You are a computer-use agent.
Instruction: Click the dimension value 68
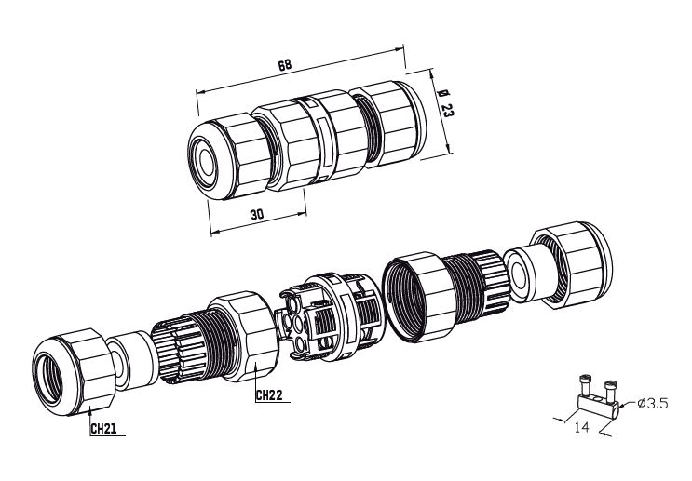285,65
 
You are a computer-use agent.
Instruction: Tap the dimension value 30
257,215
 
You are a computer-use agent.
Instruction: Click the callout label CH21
103,429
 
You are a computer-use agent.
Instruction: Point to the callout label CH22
269,395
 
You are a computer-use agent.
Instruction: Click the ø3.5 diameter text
652,403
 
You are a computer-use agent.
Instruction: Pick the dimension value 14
581,427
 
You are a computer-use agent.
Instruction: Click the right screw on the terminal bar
610,390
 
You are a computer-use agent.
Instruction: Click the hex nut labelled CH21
75,373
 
